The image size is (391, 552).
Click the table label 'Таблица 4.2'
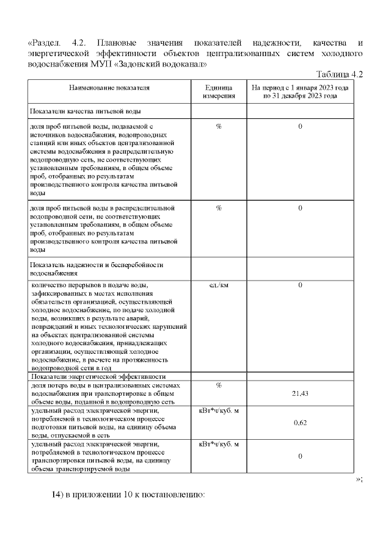340,74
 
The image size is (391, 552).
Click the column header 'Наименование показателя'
109,88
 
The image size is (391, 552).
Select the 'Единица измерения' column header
219,92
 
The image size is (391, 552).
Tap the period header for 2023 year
300,92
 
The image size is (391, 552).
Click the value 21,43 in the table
300,393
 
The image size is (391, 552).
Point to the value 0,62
300,422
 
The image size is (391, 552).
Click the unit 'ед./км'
219,285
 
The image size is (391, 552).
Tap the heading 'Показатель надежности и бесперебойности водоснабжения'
97,270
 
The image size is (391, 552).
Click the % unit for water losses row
219,385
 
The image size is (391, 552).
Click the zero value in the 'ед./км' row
300,285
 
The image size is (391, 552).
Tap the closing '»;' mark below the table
359,480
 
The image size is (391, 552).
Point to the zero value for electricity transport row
300,456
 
